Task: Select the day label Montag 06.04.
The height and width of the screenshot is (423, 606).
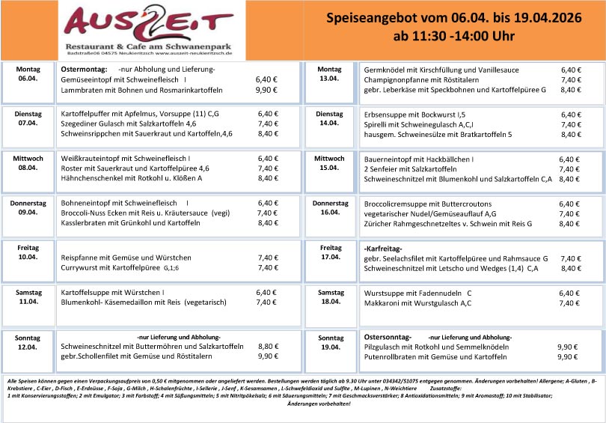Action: pos(28,73)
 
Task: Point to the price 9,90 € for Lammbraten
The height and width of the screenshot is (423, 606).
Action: pos(267,90)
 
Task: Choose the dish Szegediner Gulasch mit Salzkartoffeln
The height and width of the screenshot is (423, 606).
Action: pos(128,124)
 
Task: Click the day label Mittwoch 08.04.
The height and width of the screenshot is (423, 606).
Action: pos(28,163)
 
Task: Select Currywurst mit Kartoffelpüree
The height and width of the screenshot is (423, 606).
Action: pos(120,267)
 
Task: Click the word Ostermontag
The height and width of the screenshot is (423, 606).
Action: pos(85,69)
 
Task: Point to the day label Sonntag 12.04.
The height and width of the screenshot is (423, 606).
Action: pos(28,342)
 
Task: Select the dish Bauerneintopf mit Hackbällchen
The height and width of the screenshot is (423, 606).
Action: pos(419,159)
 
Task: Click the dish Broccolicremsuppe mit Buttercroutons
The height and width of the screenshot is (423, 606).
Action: pos(427,203)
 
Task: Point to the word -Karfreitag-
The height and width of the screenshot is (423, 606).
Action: pos(383,248)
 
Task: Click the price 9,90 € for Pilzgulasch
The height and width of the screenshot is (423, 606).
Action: pos(568,347)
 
